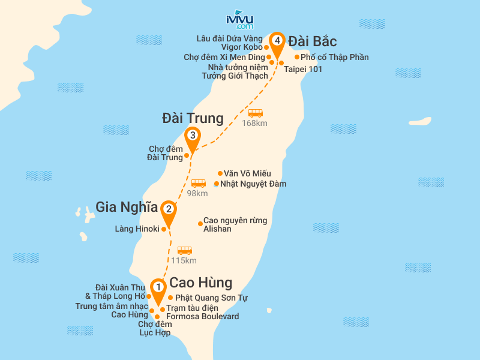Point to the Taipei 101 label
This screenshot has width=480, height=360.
point(303,69)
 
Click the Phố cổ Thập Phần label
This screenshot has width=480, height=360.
point(335,58)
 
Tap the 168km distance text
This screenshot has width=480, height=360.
point(254,124)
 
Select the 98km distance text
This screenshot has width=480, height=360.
point(197,193)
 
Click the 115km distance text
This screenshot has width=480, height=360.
point(184,261)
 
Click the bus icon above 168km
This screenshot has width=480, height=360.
point(256,113)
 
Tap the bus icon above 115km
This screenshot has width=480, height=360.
point(184,250)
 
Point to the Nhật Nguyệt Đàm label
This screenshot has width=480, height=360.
point(253,184)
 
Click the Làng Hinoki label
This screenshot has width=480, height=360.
point(137,229)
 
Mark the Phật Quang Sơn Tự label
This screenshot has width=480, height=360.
point(211,298)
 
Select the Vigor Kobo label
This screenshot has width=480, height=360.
point(242,47)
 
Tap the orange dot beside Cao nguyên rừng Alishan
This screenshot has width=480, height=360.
point(200,224)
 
